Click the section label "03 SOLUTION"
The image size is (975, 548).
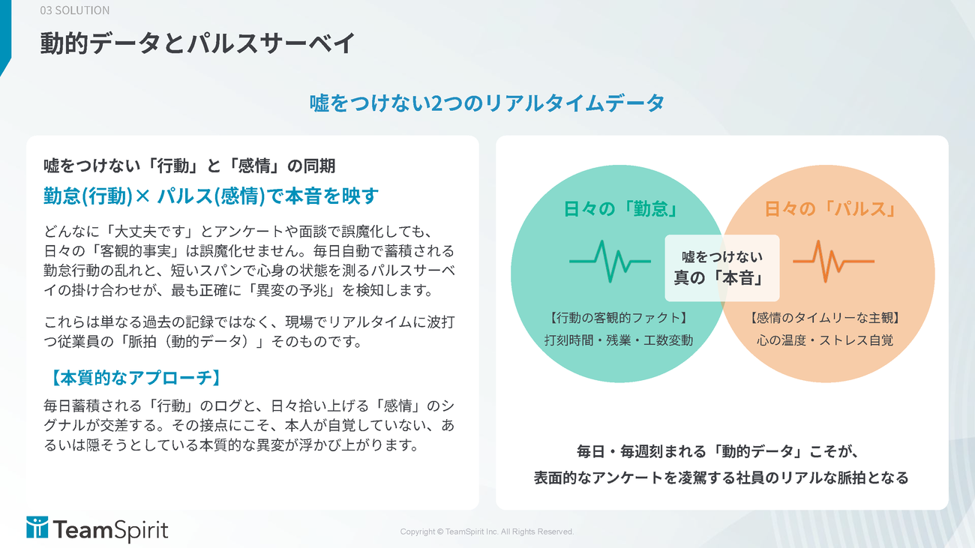point(75,10)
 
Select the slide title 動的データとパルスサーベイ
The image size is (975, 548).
point(198,43)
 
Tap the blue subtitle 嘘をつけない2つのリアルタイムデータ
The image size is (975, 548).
point(487,103)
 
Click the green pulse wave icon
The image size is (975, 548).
point(610,262)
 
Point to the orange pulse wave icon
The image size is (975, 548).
point(833,262)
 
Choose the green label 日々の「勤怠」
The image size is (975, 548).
point(622,208)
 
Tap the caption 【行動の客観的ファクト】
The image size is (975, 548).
point(619,318)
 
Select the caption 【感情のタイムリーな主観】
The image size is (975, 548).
point(825,318)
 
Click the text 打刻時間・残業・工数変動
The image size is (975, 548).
point(619,340)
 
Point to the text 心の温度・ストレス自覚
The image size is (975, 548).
point(825,340)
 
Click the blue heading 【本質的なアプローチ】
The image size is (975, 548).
point(135,378)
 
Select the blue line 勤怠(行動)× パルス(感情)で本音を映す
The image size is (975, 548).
point(211,196)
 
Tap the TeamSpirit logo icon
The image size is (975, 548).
point(37,528)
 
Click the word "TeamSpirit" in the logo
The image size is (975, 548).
point(111,530)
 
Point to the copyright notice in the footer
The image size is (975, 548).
point(487,532)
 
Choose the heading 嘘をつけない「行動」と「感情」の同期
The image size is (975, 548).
point(189,166)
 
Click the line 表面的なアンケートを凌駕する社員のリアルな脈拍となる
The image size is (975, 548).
point(721,478)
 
